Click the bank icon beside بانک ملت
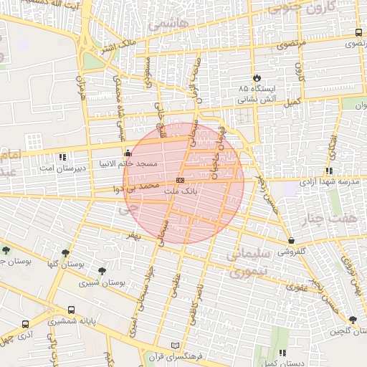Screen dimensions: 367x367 pyautogui.click(x=180, y=180)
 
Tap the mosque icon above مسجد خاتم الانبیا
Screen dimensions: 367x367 pyautogui.click(x=128, y=152)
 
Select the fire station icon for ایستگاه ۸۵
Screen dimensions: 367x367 pyautogui.click(x=257, y=77)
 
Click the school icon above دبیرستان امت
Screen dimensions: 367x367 pyautogui.click(x=62, y=157)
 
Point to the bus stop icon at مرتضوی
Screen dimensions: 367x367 pyautogui.click(x=358, y=33)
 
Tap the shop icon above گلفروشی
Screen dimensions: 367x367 pyautogui.click(x=290, y=241)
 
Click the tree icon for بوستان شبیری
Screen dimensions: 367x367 pyautogui.click(x=103, y=272)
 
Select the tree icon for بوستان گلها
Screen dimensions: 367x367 pyautogui.click(x=66, y=252)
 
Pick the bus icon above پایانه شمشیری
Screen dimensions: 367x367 pyautogui.click(x=71, y=310)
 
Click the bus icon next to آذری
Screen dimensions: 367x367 pyautogui.click(x=26, y=324)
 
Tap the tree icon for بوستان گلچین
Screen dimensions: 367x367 pyautogui.click(x=352, y=320)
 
